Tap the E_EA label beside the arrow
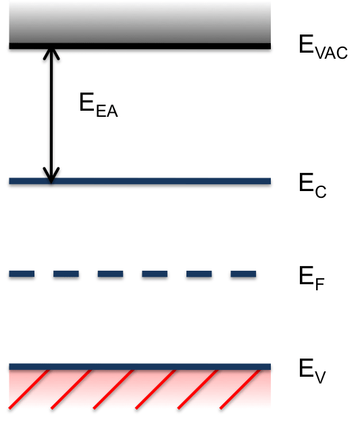pos(99,105)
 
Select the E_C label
pos(313,185)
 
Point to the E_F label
pos(311,278)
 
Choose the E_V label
pos(312,371)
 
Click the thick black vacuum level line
pos(140,46)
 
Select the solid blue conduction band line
pos(140,181)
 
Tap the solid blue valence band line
pos(140,367)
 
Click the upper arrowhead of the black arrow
pos(51,54)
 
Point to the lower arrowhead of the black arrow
pos(51,175)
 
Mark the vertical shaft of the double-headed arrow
pos(51,116)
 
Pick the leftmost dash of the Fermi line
pos(22,273)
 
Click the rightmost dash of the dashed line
pos(243,273)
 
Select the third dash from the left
pos(110,273)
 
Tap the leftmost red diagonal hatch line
pos(29,389)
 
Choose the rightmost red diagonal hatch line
pos(240,389)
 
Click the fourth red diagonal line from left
pos(155,389)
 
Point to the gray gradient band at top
pos(140,22)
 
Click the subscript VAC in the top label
pos(332,53)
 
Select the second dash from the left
pos(66,273)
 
